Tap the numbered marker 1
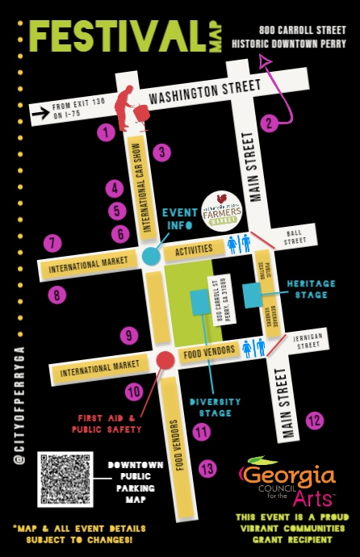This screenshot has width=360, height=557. click(x=105, y=132)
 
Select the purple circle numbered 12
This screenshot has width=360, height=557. click(x=315, y=420)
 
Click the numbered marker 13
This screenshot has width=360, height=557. click(x=208, y=468)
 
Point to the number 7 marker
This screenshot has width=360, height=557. click(x=53, y=242)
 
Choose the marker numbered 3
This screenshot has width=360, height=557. click(x=162, y=152)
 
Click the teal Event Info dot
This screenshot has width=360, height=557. click(x=151, y=257)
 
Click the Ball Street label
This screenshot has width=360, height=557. click(x=295, y=235)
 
